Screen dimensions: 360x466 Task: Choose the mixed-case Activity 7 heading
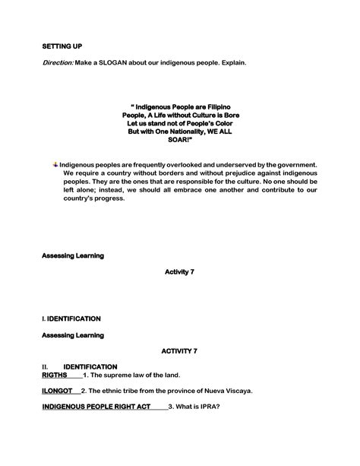[179, 271]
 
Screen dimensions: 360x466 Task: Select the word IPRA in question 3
[208, 406]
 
